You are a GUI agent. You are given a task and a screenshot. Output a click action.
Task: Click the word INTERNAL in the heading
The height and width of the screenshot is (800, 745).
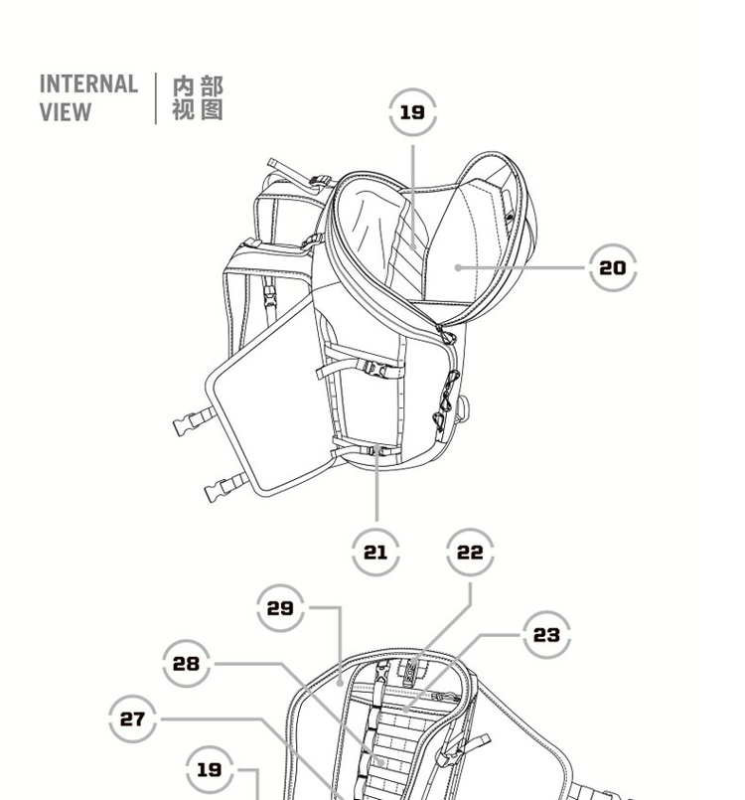click(x=88, y=84)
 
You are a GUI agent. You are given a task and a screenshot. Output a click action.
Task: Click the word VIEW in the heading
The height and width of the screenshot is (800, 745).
click(x=65, y=111)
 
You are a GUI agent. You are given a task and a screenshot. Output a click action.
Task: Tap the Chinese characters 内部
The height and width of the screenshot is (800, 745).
click(x=198, y=86)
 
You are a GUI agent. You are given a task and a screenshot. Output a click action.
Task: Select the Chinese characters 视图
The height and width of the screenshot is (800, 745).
click(x=198, y=109)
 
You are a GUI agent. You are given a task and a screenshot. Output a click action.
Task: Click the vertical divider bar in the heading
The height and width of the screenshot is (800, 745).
click(x=156, y=97)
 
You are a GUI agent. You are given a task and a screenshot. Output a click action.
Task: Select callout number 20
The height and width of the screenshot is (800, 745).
click(x=613, y=267)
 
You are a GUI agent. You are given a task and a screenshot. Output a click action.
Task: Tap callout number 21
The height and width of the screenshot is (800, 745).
click(x=375, y=552)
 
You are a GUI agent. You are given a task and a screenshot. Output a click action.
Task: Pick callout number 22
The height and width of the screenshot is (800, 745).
click(x=470, y=552)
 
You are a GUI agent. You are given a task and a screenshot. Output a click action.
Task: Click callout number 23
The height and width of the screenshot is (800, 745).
click(x=546, y=634)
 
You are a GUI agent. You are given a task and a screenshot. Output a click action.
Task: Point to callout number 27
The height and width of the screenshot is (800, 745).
click(x=132, y=719)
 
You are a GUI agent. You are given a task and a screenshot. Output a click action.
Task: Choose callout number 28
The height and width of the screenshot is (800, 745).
click(x=187, y=663)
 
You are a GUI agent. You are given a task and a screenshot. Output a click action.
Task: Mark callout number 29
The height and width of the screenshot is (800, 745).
click(x=281, y=607)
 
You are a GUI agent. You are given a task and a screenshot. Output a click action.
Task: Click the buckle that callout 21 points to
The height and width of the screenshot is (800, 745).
click(x=376, y=450)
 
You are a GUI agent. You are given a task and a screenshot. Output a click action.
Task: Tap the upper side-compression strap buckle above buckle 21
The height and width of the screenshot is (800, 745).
click(x=375, y=366)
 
